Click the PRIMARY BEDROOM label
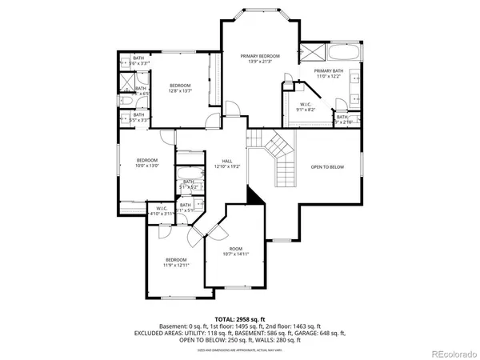point(258,56)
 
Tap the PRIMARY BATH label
point(328,70)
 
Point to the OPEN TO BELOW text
point(327,167)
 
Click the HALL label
point(227,161)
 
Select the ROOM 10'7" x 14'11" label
point(236,249)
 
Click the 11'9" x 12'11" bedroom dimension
point(176,266)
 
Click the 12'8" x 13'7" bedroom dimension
point(180,91)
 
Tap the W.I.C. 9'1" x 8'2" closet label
point(306,110)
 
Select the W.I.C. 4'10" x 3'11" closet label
point(160,214)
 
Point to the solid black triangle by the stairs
point(254,195)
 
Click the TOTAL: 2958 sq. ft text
point(239,318)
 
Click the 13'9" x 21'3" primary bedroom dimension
point(258,62)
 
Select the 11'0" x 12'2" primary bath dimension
point(328,76)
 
